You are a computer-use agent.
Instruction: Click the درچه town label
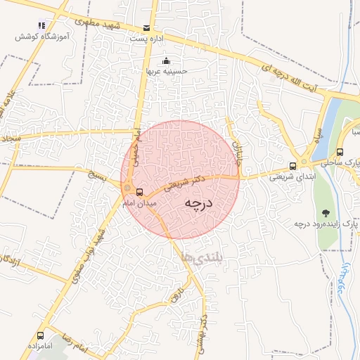coord(198,203)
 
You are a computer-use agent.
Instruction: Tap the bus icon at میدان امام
coord(139,191)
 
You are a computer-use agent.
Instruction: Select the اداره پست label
coord(146,39)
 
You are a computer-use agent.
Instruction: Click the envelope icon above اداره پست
coord(146,28)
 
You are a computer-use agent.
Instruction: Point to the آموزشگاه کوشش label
coord(41,36)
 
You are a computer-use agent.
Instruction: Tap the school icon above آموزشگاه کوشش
coord(41,25)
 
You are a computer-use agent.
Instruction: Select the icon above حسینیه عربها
coord(166,60)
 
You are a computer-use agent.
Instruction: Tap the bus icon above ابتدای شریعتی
coord(292,167)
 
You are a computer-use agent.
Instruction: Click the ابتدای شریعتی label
coord(292,178)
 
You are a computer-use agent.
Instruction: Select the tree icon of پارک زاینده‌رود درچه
coord(325,212)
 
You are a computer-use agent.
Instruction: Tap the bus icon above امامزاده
coord(40,335)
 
